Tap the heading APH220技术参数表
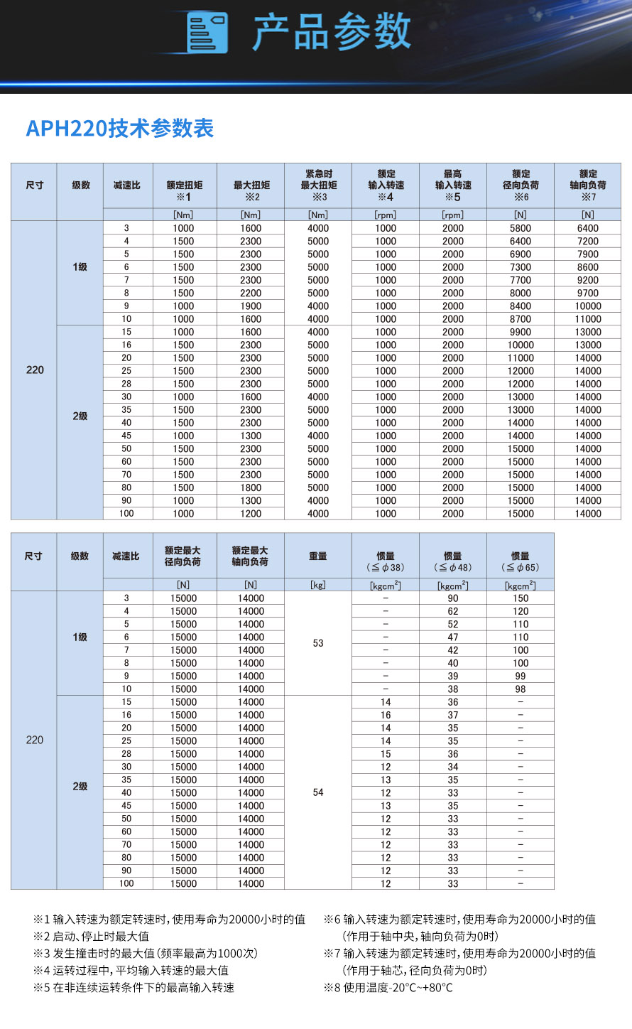click(120, 129)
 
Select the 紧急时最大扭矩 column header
click(318, 185)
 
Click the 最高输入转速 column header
click(453, 185)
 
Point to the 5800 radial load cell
click(521, 228)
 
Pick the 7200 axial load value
click(588, 241)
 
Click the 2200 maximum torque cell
click(251, 293)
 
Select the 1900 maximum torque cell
click(251, 306)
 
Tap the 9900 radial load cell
click(521, 332)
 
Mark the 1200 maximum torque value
click(251, 513)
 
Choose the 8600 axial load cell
click(588, 267)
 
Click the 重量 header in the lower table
click(318, 556)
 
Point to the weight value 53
click(318, 643)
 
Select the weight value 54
click(318, 792)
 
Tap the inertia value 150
click(521, 598)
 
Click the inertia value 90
click(453, 598)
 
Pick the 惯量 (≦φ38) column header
click(386, 561)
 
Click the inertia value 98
click(521, 689)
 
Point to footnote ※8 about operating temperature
click(388, 988)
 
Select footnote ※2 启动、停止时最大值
click(92, 937)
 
